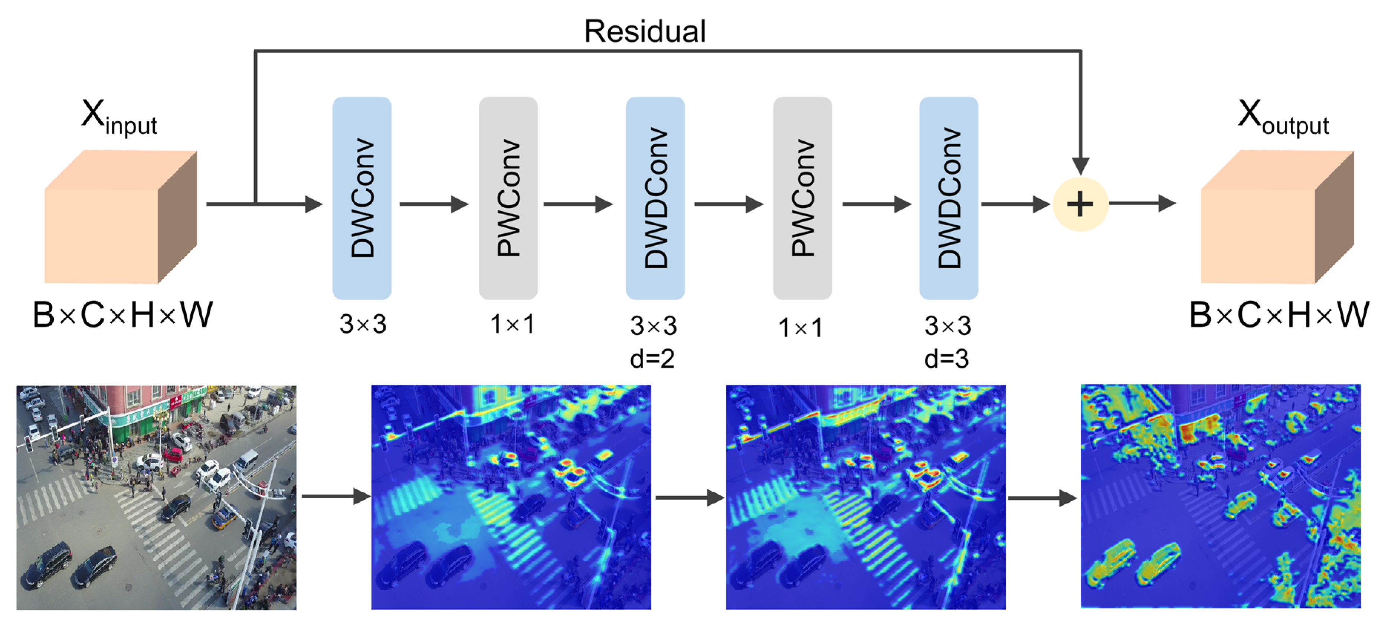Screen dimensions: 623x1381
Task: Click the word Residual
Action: pyautogui.click(x=644, y=31)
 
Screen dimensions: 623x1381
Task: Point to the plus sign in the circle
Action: pyautogui.click(x=1080, y=204)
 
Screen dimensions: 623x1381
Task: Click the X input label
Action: pyautogui.click(x=119, y=117)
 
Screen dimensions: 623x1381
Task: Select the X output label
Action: pyautogui.click(x=1283, y=117)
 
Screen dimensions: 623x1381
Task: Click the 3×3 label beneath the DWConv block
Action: pyautogui.click(x=363, y=324)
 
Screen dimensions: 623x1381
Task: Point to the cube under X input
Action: pyautogui.click(x=121, y=217)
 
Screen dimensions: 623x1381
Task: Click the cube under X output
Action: pyautogui.click(x=1277, y=217)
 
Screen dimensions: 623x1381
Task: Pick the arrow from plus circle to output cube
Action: pyautogui.click(x=1142, y=204)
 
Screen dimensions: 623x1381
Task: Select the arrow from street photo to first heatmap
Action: pyautogui.click(x=336, y=496)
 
